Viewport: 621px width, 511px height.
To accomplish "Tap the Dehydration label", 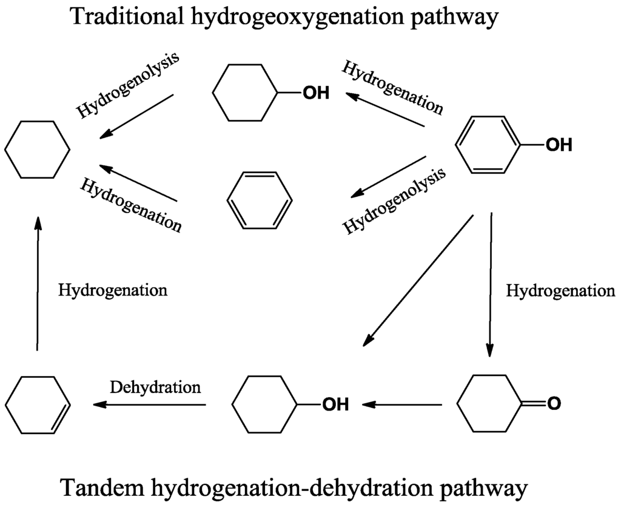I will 155,387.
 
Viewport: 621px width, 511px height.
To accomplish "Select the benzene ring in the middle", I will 260,200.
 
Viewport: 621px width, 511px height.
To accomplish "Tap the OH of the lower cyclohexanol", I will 335,404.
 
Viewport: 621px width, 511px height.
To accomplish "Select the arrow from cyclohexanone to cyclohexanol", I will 403,404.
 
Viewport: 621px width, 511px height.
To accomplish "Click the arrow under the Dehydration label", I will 149,404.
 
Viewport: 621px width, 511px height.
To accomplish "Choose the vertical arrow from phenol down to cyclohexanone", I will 490,285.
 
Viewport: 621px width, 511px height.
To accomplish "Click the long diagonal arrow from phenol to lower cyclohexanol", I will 418,281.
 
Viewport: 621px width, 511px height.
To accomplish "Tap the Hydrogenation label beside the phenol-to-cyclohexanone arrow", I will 560,291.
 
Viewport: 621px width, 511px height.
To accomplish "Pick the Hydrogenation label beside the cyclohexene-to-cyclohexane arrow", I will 113,290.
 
